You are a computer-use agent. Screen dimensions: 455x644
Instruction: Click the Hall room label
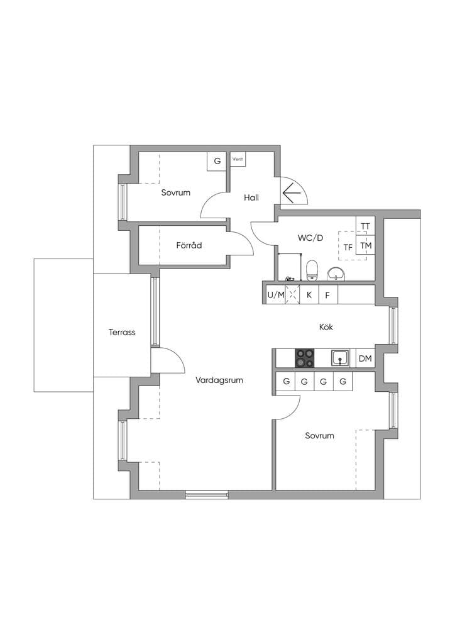(251, 197)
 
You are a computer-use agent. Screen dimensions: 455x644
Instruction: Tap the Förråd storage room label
(189, 245)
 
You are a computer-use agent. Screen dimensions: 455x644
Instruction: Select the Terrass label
(122, 332)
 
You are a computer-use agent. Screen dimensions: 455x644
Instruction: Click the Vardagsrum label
(219, 380)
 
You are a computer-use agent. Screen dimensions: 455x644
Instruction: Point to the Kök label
(326, 327)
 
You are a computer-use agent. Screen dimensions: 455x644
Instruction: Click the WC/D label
(310, 238)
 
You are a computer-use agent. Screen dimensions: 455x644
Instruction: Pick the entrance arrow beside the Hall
(292, 192)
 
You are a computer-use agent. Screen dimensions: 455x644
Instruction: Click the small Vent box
(238, 159)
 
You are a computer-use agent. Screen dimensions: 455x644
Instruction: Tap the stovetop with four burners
(305, 358)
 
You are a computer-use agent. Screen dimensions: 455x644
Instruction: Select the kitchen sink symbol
(340, 358)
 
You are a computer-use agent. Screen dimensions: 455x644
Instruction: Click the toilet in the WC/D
(312, 270)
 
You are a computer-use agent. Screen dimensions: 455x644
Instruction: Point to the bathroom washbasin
(336, 274)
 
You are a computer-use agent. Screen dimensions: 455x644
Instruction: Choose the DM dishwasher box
(365, 358)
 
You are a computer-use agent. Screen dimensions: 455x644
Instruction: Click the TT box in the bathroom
(365, 226)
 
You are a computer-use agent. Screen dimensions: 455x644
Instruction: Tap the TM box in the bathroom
(366, 246)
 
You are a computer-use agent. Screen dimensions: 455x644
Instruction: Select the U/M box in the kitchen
(276, 295)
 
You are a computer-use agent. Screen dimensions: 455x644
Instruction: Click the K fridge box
(309, 295)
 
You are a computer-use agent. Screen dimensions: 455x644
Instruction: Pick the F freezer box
(327, 295)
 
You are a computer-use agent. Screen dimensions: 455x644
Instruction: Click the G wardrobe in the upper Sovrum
(217, 161)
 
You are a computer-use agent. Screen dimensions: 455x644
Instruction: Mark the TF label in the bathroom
(348, 247)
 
